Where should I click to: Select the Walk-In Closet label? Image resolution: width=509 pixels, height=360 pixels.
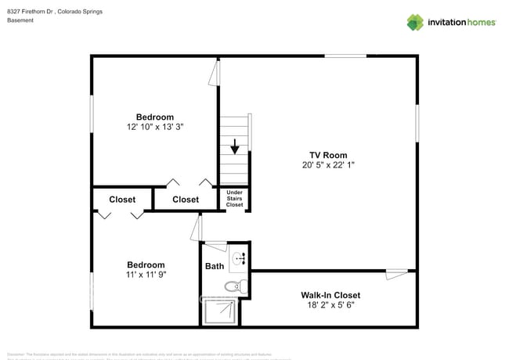(330, 295)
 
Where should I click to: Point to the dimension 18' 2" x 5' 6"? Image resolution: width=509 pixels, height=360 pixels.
(330, 305)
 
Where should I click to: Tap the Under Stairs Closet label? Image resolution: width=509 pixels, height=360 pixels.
(234, 198)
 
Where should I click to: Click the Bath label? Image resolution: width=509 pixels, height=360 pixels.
(215, 266)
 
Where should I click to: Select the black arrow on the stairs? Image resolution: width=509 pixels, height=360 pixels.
(233, 147)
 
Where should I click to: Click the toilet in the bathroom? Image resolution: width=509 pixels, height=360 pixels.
(235, 286)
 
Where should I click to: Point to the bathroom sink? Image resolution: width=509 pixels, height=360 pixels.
(240, 257)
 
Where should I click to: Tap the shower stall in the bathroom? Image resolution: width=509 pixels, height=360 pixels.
(221, 312)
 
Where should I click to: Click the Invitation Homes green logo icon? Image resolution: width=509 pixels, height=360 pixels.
(414, 22)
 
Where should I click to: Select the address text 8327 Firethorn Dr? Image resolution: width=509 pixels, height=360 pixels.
(31, 12)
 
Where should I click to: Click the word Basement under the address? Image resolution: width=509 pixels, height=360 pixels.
(20, 20)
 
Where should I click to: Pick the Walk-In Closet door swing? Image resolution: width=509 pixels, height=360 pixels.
(397, 273)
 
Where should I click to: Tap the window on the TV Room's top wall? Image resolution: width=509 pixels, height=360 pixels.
(345, 56)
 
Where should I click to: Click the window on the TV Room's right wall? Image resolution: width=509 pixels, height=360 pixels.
(417, 125)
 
